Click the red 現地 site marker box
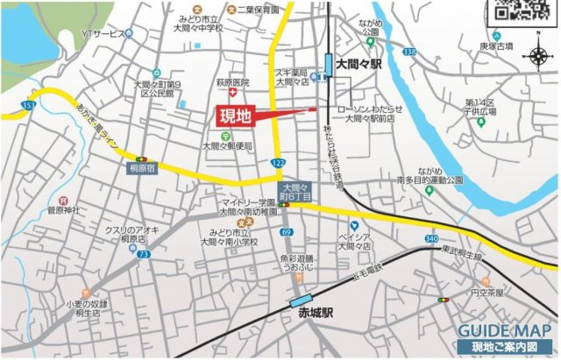pos(233,116)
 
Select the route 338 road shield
pos(408,53)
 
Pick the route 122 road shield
pos(278,164)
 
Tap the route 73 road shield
pos(144,254)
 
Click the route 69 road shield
pos(287,231)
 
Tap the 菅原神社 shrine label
pos(63,210)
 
